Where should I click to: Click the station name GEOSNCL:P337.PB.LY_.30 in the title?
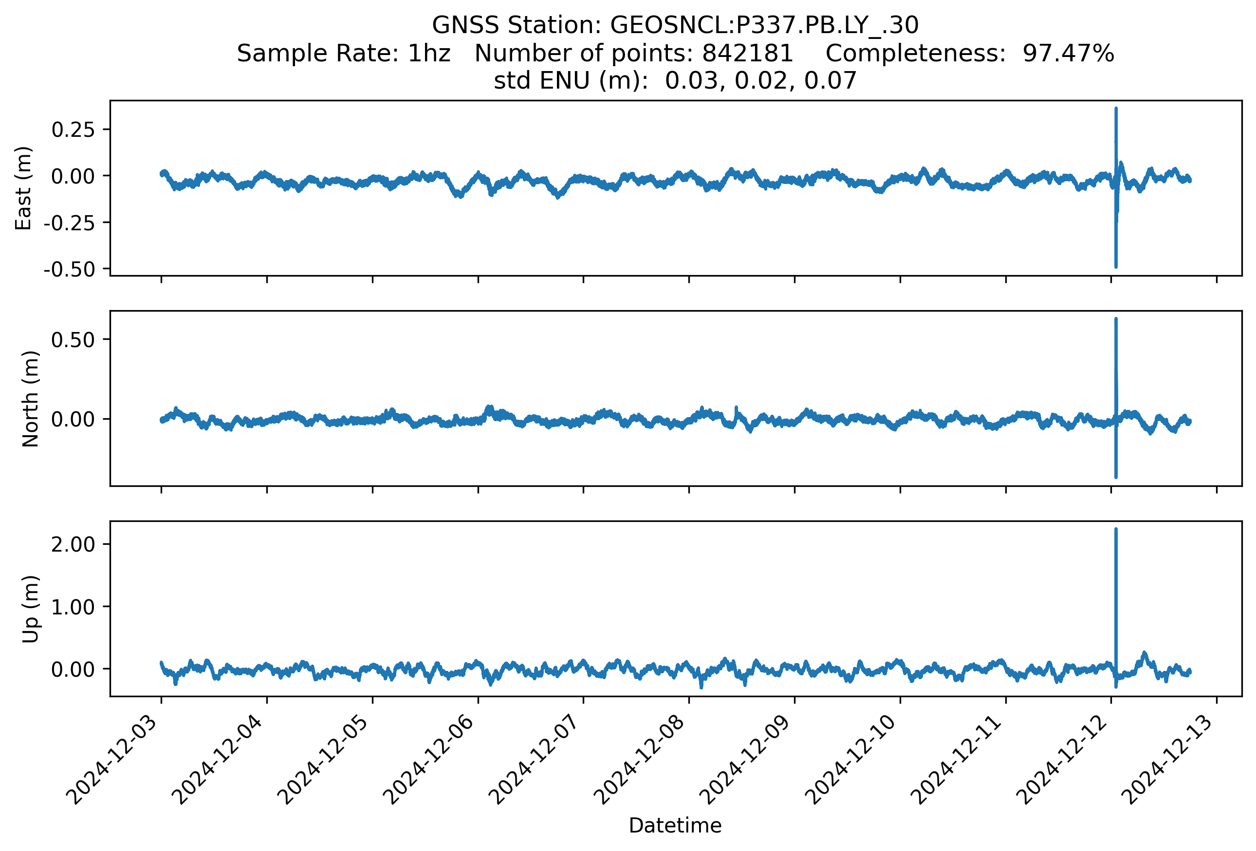click(x=764, y=25)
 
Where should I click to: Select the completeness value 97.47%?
click(x=1068, y=53)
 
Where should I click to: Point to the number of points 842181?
click(x=747, y=53)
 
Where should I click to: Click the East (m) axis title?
click(x=23, y=188)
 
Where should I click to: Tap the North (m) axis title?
click(x=30, y=399)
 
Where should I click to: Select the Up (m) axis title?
click(x=30, y=609)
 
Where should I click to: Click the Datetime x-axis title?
click(x=675, y=826)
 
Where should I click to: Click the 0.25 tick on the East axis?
click(x=73, y=129)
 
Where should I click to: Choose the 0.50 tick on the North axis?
click(x=73, y=339)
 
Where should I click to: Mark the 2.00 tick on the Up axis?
click(x=73, y=544)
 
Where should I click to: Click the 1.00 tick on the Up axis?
click(x=73, y=607)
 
